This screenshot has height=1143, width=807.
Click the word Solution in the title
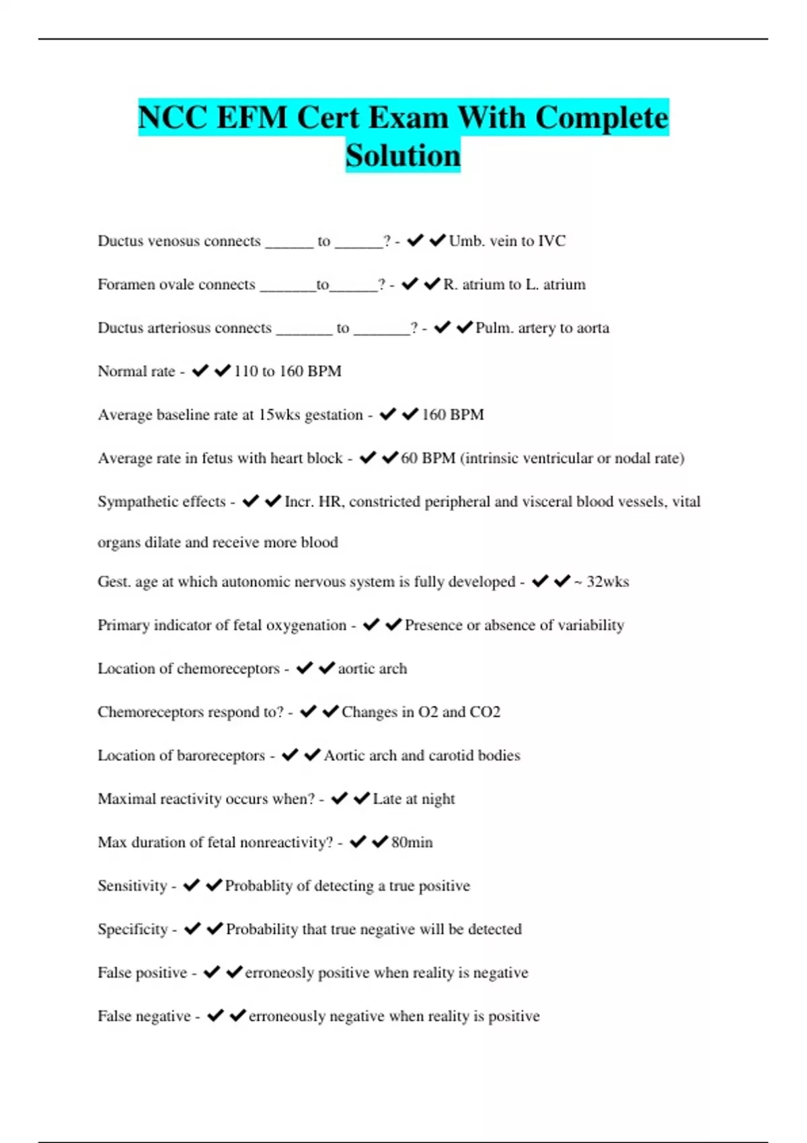point(403,155)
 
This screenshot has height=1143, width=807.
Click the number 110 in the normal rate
point(245,371)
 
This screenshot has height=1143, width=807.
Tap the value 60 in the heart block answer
point(409,458)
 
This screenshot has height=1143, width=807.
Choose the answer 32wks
point(607,582)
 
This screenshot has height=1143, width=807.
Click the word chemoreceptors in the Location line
point(229,668)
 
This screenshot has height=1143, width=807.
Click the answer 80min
point(412,842)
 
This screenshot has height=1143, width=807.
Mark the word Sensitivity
point(132,885)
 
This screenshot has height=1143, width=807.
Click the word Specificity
point(132,929)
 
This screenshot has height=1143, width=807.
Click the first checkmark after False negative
point(215,1015)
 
